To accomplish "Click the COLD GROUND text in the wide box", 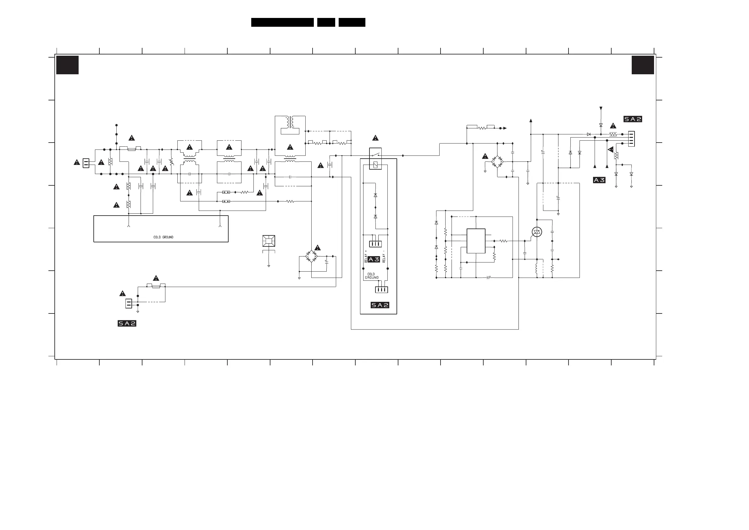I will pos(163,237).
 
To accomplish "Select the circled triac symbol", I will pos(537,232).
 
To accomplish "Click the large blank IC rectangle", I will pos(476,241).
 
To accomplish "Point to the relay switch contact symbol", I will pos(375,155).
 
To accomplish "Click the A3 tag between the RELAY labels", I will pos(374,259).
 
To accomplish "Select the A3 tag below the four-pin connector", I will pos(599,180).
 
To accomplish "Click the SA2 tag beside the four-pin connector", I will pos(633,119).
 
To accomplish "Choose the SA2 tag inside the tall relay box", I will pos(380,305).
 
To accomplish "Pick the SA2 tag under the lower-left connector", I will pos(127,323).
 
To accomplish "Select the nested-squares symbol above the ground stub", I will pos(269,241).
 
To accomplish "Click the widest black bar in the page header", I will pos(282,22).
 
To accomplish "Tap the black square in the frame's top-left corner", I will pos(68,65).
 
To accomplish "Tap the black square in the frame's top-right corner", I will pos(643,65).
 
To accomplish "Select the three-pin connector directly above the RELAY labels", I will pos(375,244).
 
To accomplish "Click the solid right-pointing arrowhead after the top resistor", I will pos(505,128).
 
